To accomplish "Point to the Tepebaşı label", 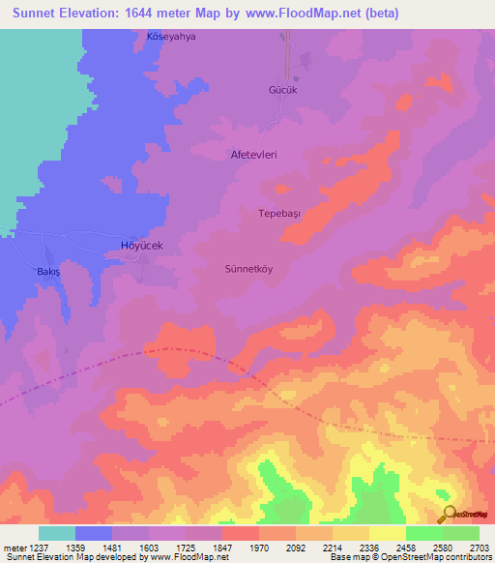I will click(280, 213).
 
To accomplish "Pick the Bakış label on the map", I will click(48, 273).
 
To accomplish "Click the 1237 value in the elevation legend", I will click(42, 548).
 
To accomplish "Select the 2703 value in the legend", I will click(479, 548).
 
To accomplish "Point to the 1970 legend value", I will click(260, 548).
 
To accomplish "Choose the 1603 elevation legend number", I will click(151, 548).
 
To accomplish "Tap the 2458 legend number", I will click(406, 548).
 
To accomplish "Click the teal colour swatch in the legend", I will click(57, 533).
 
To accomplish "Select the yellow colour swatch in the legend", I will click(387, 533).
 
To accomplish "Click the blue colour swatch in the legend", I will click(94, 533).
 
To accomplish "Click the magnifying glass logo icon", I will click(448, 514).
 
